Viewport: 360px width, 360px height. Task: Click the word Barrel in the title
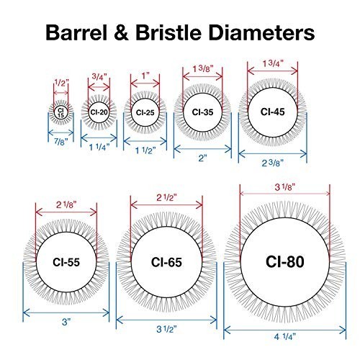pos(76,32)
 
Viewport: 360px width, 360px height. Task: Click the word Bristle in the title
pos(168,32)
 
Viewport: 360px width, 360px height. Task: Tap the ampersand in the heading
pos(121,32)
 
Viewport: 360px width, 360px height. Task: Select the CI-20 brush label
pos(99,112)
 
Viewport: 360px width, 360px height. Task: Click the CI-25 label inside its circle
pos(145,112)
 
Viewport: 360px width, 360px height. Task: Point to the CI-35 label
pos(202,112)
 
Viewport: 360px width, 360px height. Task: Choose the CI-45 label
pos(273,112)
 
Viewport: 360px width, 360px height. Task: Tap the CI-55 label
pos(66,262)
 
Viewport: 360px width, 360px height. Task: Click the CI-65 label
pos(166,262)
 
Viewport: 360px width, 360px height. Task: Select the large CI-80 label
pos(285,261)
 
